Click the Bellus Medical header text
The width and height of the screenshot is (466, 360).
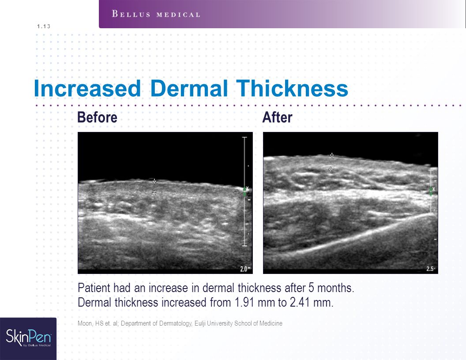[156, 14]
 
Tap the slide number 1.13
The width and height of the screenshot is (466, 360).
[44, 26]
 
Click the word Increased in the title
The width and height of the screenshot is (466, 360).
[87, 89]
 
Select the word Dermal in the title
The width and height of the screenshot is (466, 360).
[189, 89]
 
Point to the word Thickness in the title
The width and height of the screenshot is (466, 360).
[292, 89]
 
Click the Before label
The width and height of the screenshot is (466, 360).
[97, 117]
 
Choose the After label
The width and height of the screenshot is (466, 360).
[277, 117]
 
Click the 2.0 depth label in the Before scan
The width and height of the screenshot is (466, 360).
[245, 269]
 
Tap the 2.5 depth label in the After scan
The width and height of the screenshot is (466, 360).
[430, 269]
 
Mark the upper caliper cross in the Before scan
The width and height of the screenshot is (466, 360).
[154, 181]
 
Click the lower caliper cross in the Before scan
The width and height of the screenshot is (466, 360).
[154, 193]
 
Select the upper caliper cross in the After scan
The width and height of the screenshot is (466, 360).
[332, 155]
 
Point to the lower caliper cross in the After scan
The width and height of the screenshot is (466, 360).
[331, 169]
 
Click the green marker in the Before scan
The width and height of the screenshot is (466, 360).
[245, 191]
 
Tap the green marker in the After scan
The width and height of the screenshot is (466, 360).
[431, 191]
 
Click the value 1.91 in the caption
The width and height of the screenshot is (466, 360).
[245, 303]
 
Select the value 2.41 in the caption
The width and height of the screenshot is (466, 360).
[300, 303]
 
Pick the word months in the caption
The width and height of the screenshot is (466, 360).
[335, 288]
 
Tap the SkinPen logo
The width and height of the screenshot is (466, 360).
[28, 338]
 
